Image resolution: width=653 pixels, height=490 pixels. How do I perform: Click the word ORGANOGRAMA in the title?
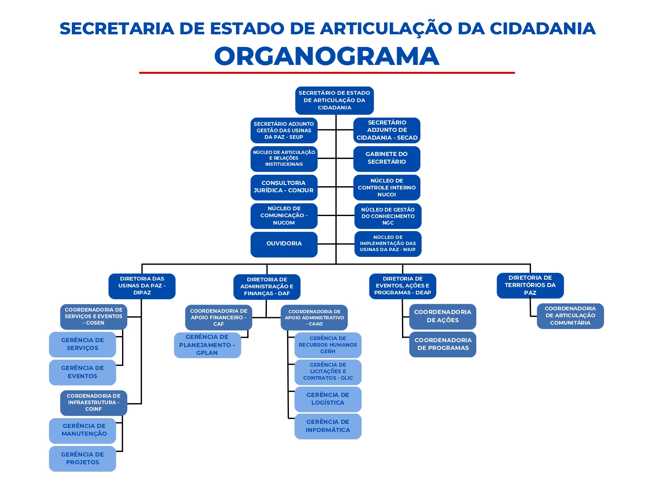[x=326, y=56]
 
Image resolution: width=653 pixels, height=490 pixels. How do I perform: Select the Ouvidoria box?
[x=284, y=244]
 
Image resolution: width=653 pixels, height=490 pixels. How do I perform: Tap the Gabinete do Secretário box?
[x=386, y=158]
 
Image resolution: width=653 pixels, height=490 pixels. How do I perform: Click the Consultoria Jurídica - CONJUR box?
[x=284, y=187]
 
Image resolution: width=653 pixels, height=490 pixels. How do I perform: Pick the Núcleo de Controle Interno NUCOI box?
[x=386, y=187]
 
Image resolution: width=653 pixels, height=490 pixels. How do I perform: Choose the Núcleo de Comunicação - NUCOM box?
[x=284, y=216]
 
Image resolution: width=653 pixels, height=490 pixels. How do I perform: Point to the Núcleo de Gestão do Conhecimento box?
[x=388, y=216]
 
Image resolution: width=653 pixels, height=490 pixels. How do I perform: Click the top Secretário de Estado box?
[x=334, y=100]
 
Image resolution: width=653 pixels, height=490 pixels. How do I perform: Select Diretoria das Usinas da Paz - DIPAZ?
[x=142, y=286]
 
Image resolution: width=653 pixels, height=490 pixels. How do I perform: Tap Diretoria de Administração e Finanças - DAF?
[x=267, y=287]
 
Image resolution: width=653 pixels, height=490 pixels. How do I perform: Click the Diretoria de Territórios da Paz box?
[x=530, y=285]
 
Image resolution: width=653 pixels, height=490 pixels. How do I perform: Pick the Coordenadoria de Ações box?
[x=442, y=316]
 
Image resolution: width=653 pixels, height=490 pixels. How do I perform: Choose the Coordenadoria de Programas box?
[x=442, y=344]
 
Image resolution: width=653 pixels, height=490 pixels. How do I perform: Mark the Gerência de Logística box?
[x=328, y=399]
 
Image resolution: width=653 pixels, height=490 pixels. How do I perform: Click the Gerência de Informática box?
[x=328, y=426]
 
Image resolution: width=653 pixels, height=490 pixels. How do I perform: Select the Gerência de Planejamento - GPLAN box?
[x=207, y=345]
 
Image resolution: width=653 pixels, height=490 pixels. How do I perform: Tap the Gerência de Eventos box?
[x=82, y=372]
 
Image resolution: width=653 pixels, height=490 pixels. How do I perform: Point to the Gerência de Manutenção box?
[x=83, y=430]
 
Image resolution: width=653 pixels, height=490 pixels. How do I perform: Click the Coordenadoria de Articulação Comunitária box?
[x=570, y=316]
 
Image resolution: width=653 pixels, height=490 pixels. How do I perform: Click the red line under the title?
[x=326, y=73]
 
